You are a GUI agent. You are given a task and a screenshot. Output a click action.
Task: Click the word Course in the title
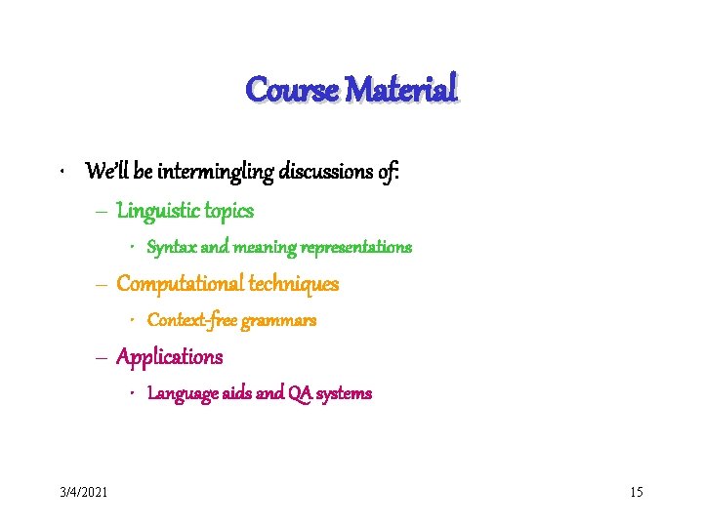(292, 90)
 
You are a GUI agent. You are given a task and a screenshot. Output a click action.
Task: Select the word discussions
(329, 173)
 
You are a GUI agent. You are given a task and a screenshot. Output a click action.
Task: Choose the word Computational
(180, 283)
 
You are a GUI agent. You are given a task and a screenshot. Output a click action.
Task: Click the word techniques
(294, 283)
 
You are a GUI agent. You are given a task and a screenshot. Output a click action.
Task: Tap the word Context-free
(190, 320)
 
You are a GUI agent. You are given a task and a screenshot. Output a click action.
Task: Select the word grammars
(279, 320)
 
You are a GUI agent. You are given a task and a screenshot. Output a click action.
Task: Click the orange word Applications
(170, 357)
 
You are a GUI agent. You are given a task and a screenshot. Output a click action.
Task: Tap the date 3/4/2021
(82, 491)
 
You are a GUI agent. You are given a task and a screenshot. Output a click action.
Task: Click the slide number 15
(636, 491)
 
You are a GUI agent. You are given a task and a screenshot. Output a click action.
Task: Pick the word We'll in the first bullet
(104, 173)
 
